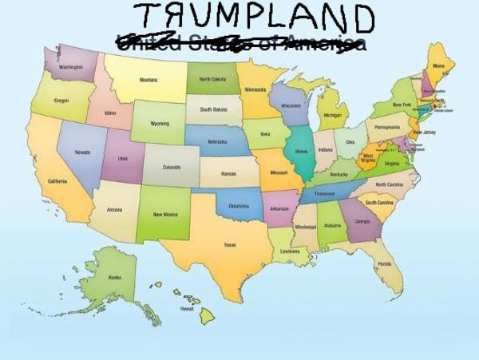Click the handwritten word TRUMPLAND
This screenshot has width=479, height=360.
coord(252,18)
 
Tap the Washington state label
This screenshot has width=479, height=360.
coord(70,67)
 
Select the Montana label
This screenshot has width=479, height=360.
coord(148,80)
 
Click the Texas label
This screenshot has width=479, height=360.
coord(229,245)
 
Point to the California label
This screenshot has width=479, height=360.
coord(57,181)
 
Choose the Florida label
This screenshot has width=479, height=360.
coord(384,263)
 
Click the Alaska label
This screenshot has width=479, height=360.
coord(116,277)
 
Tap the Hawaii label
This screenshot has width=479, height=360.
coord(187,308)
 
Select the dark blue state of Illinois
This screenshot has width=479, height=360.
coord(301,152)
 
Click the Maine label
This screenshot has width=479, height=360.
coord(438,66)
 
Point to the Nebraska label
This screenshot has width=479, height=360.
coord(217,142)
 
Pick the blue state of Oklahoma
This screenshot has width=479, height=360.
coord(239,205)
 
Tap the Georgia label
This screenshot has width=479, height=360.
coord(362,221)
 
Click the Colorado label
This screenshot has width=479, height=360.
coord(172,168)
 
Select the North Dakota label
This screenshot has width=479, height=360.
coord(212,80)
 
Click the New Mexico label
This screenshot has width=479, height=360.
coord(166,214)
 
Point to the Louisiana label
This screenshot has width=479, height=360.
coord(290,251)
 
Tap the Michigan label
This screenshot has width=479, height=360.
coord(332,115)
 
